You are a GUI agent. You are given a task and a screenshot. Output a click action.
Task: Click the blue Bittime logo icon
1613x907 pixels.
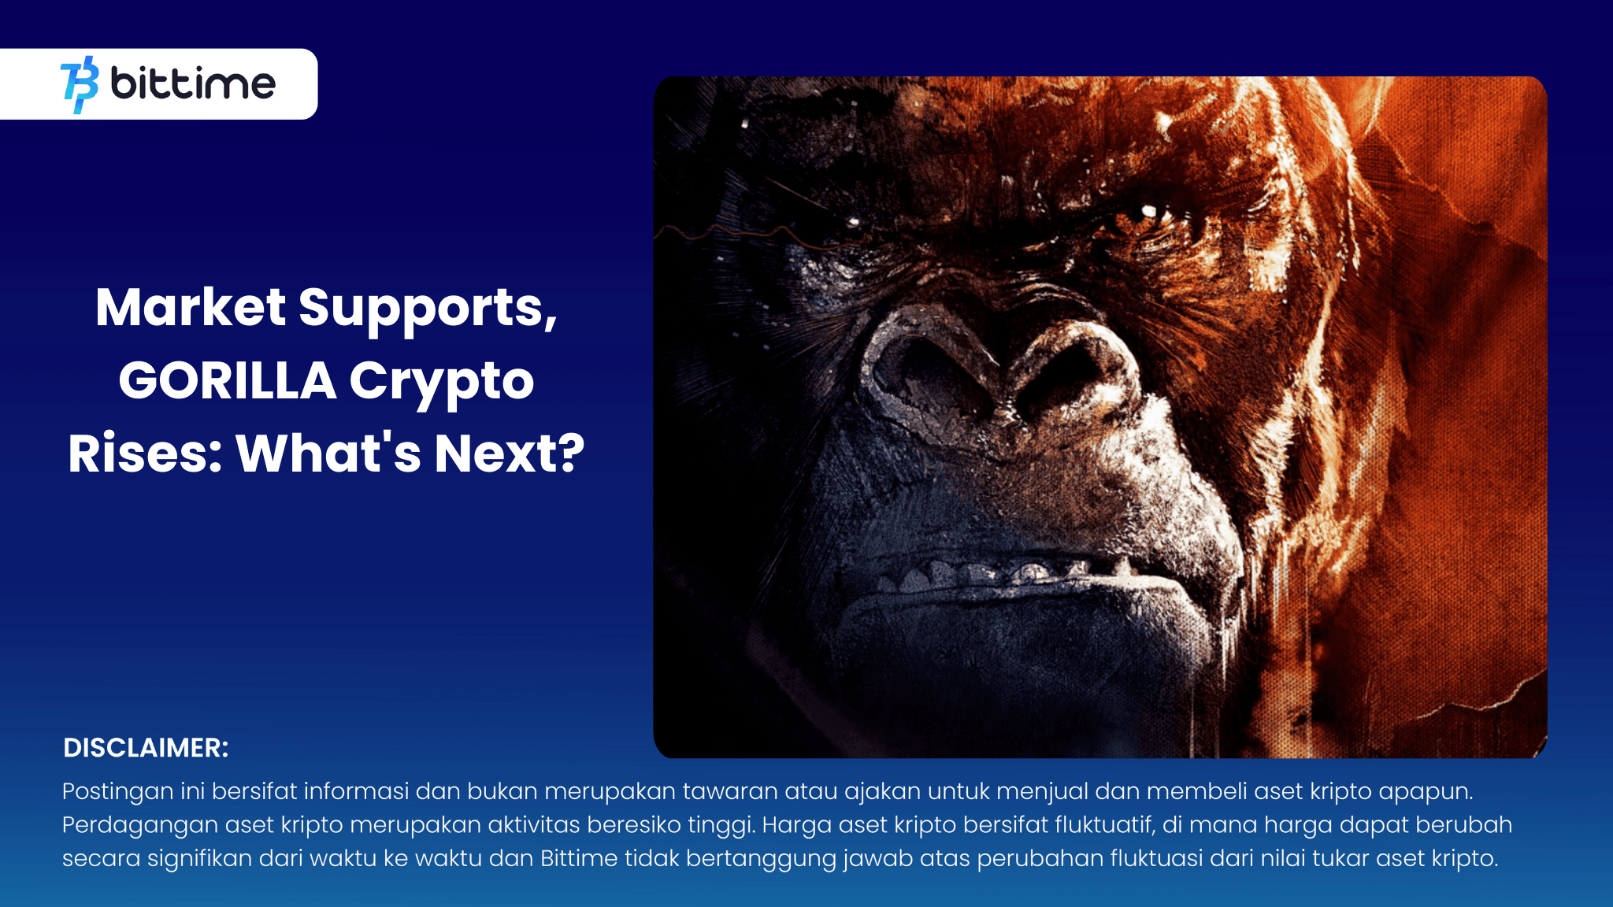(80, 84)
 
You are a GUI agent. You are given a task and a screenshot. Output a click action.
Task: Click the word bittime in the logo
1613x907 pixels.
(193, 83)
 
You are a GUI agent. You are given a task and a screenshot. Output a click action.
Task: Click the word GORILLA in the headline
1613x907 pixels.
(228, 381)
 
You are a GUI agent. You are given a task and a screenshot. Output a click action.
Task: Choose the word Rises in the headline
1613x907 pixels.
(145, 453)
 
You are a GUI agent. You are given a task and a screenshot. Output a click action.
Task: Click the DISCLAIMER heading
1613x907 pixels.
(146, 748)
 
